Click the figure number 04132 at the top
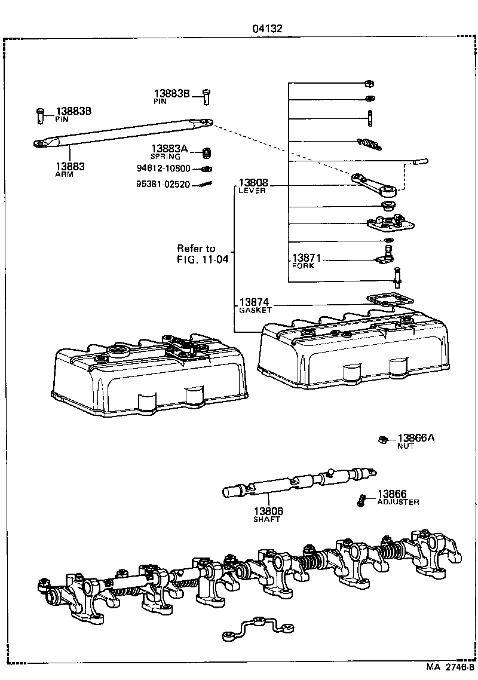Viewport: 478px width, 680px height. [x=266, y=28]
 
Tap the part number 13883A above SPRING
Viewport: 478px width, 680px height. [x=168, y=149]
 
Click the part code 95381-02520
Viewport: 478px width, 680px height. [x=163, y=184]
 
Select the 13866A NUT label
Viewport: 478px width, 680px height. [x=416, y=439]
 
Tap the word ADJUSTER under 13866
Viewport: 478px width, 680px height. [x=398, y=502]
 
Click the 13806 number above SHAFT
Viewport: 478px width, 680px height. [x=268, y=511]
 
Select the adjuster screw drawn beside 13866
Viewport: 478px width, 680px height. [x=362, y=500]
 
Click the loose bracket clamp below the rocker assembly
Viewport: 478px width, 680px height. [x=258, y=626]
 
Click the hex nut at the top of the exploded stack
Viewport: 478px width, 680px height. [x=369, y=83]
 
